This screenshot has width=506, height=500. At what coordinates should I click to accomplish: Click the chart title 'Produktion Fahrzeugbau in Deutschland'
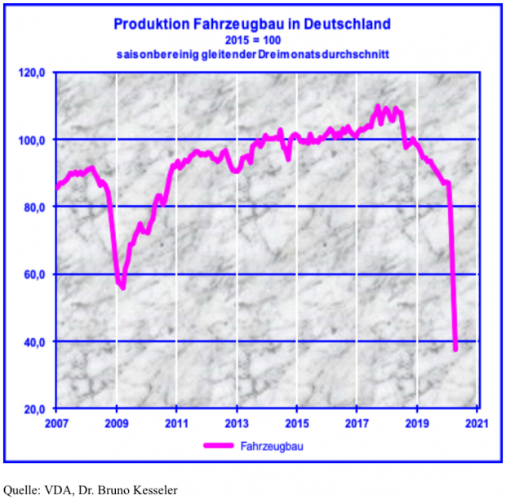(x=252, y=24)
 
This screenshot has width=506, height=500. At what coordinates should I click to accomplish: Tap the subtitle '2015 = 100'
(x=252, y=39)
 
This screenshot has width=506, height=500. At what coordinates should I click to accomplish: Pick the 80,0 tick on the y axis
(x=36, y=208)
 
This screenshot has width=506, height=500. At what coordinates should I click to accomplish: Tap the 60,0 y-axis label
(x=36, y=275)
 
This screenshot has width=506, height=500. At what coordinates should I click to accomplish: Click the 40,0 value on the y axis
(x=36, y=342)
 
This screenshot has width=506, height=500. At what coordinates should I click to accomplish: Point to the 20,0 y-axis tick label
(x=36, y=408)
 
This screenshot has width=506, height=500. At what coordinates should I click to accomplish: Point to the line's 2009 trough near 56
(x=122, y=287)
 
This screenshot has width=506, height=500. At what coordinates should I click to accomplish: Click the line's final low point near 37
(x=455, y=350)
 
